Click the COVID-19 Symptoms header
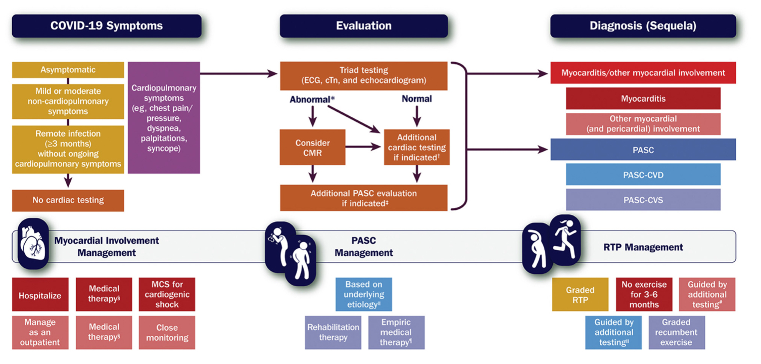pos(107,26)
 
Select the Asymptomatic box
pos(68,70)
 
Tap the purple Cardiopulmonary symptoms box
pos(164,118)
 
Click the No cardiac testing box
pos(68,200)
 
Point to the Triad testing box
pos(364,76)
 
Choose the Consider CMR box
pos(313,148)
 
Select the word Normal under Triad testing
pos(416,99)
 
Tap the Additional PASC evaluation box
pos(364,198)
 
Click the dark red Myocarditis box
pos(643,99)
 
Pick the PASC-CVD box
pos(643,174)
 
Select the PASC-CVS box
pos(643,200)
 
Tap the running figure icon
pos(564,233)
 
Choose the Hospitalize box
pos(40,295)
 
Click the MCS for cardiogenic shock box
pos(167,294)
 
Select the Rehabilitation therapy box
pos(333,332)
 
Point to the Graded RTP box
pos(580,295)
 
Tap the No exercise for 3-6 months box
pos(644,295)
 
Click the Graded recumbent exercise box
pos(676,332)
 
